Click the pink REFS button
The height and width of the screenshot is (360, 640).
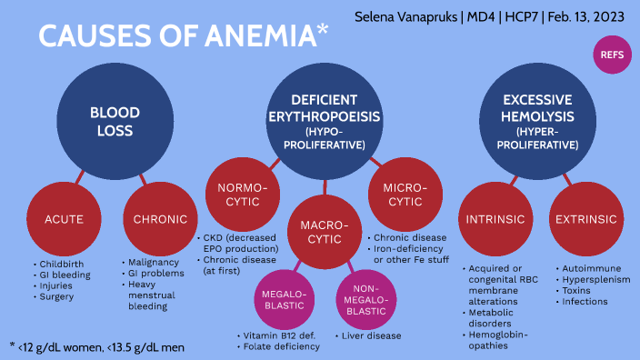[611, 55]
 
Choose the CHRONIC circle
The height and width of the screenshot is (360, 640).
[158, 219]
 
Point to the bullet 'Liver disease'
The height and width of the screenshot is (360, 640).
[372, 335]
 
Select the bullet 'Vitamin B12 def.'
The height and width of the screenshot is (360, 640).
[278, 335]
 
